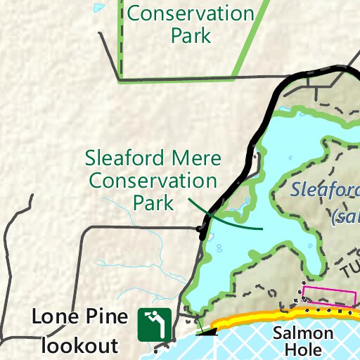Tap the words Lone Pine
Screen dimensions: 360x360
[80, 317]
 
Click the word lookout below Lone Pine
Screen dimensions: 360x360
[79, 345]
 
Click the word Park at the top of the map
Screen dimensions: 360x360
[191, 36]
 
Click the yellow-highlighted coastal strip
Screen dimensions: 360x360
[281, 316]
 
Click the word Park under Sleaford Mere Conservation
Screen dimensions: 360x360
[153, 204]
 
